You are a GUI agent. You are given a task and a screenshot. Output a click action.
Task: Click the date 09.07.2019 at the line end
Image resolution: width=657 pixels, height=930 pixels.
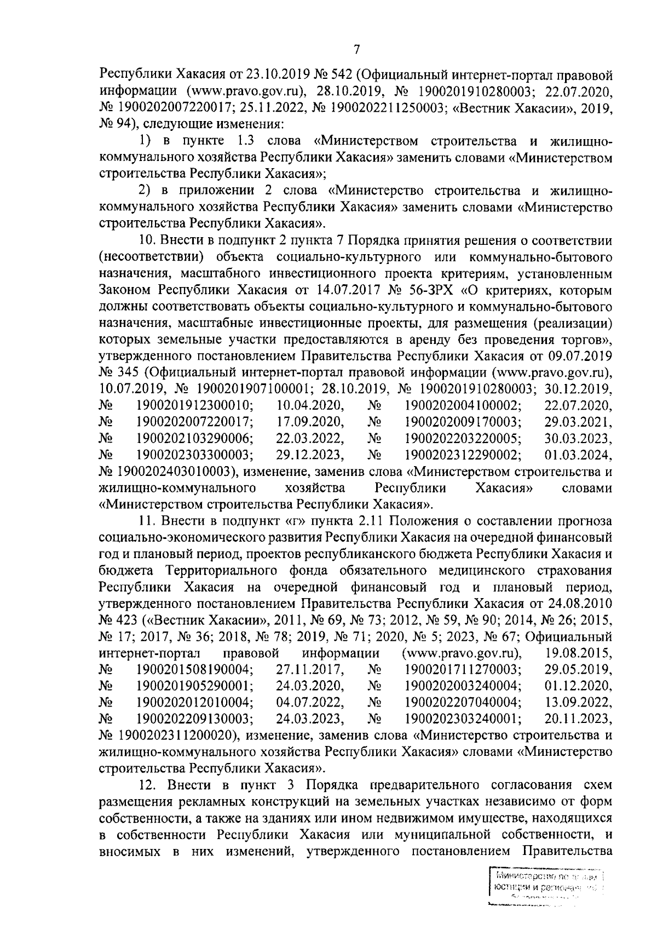click(580, 357)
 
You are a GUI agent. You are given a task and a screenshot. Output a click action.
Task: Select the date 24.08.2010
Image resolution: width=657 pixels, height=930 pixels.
click(580, 604)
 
